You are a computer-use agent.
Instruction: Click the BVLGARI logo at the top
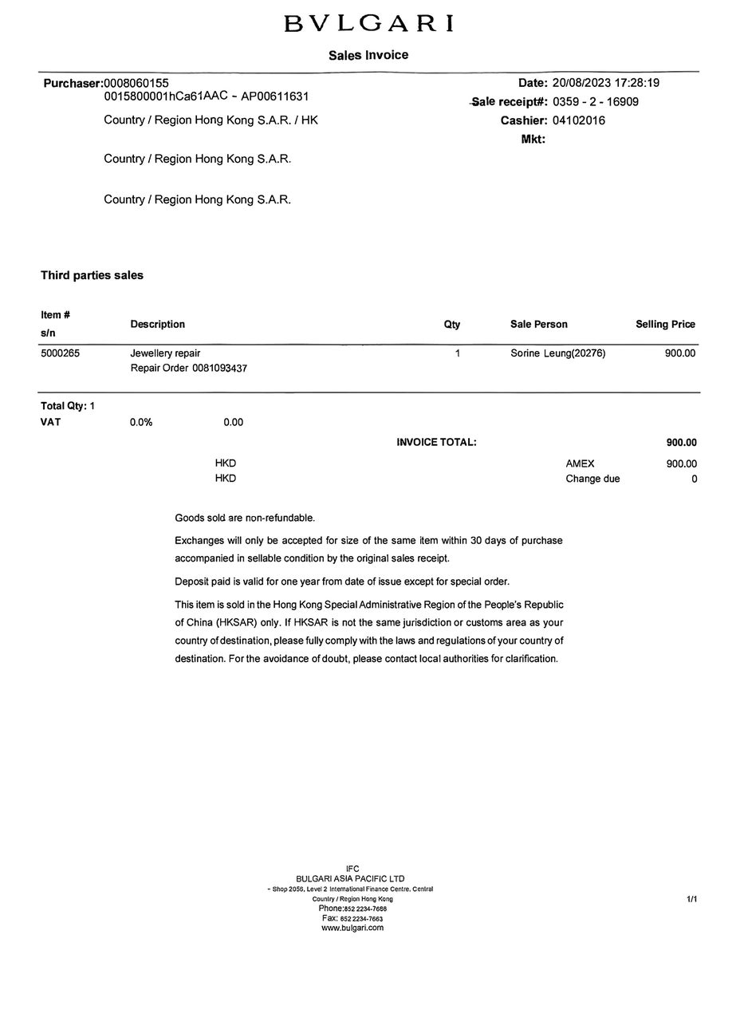[368, 24]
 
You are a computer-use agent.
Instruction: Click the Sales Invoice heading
[368, 55]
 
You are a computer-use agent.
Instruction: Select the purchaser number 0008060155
[136, 83]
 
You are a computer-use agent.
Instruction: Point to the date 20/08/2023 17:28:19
[605, 83]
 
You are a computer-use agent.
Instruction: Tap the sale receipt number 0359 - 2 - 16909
[595, 102]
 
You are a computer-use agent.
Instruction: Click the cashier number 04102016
[578, 120]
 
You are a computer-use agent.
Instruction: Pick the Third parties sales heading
[92, 275]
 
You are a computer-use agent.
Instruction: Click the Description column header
[157, 325]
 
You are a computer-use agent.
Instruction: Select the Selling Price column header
[665, 325]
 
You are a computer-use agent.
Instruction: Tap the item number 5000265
[60, 353]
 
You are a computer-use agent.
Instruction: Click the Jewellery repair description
[165, 353]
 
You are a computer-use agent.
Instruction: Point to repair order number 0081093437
[219, 369]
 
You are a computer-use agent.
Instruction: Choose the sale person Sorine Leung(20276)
[557, 353]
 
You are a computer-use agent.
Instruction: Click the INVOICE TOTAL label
[436, 442]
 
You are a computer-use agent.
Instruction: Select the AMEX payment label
[580, 463]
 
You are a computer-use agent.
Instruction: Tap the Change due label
[592, 479]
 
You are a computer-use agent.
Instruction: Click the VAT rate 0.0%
[141, 422]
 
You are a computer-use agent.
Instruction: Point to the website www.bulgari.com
[352, 928]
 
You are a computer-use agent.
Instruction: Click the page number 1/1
[691, 899]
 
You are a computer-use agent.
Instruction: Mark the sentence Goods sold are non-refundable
[245, 518]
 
